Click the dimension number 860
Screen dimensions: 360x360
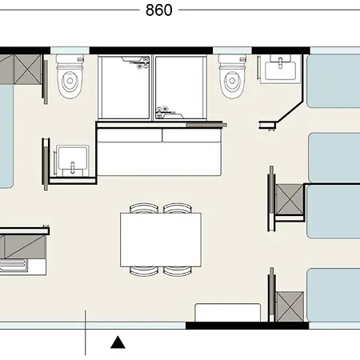point(159,10)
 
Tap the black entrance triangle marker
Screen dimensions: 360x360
point(118,342)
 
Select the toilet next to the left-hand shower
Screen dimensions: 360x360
point(70,76)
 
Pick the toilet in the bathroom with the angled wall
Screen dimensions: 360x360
point(232,76)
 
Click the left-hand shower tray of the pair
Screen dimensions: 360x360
point(126,87)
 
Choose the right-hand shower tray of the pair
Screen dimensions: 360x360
point(181,87)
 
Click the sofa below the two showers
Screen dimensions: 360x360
point(159,152)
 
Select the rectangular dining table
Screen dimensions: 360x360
point(161,240)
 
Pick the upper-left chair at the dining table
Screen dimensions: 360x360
point(144,208)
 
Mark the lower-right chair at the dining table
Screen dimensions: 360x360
point(178,271)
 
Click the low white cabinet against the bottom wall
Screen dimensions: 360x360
point(228,313)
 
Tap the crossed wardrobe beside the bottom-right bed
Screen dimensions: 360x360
point(290,306)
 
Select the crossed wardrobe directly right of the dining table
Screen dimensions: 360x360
point(290,199)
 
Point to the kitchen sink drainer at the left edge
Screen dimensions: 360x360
point(14,266)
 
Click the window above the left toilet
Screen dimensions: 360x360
point(70,50)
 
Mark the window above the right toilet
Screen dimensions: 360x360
point(232,50)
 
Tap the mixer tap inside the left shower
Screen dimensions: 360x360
point(138,62)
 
